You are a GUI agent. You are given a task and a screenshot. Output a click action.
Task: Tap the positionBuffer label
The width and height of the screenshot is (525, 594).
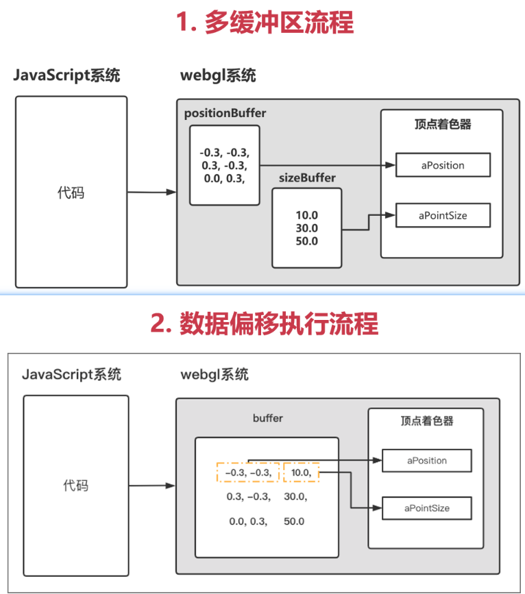(225, 113)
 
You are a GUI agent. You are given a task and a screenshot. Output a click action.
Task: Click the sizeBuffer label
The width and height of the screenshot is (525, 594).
(307, 178)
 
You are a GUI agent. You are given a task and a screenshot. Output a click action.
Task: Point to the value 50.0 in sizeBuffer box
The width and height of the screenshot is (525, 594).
(306, 240)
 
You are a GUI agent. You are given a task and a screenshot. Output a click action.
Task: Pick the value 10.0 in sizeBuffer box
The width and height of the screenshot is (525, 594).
(306, 214)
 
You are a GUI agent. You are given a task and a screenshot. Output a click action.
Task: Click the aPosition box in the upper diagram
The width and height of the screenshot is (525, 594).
(442, 165)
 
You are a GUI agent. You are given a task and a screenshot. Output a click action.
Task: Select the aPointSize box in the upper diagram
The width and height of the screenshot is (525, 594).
(442, 215)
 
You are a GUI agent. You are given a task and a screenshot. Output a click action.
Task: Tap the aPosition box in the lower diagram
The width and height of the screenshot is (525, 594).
(427, 461)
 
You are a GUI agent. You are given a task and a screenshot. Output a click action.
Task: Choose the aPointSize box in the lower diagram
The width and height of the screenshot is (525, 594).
(427, 508)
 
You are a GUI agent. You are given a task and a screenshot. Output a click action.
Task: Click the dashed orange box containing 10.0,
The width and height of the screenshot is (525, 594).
(302, 473)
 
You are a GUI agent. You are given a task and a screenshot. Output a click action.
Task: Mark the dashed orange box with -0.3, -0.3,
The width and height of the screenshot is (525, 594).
(248, 473)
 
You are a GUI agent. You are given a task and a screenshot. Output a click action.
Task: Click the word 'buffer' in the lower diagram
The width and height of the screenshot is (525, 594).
(267, 418)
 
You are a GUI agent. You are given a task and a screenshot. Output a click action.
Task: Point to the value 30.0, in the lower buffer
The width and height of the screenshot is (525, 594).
(295, 497)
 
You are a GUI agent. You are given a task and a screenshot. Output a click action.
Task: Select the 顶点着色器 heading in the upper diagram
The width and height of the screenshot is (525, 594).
(442, 125)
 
